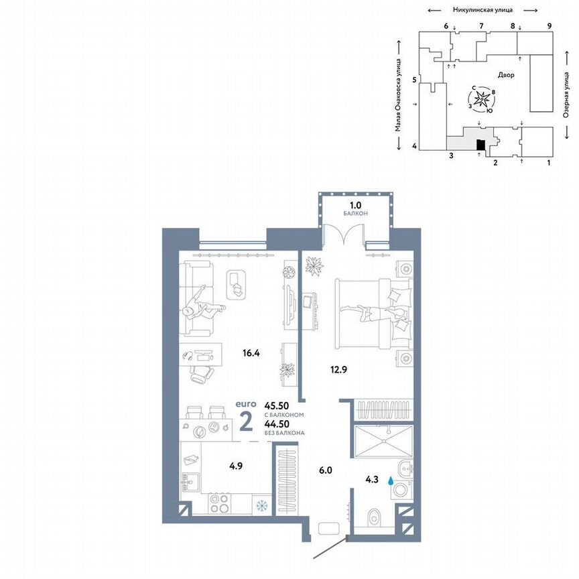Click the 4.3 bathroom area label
tap(372, 479)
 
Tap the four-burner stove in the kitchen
tap(221, 503)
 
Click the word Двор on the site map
tap(506, 75)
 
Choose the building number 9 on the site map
tap(549, 25)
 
